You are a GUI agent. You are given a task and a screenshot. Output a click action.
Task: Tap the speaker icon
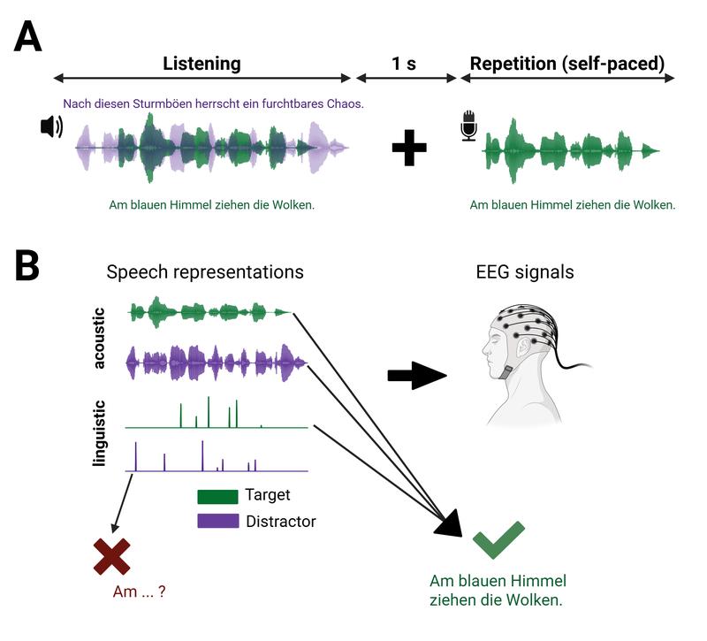tap(51, 127)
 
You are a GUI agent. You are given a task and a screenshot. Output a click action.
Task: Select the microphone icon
tap(468, 126)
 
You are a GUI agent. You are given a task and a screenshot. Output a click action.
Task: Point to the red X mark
tap(111, 556)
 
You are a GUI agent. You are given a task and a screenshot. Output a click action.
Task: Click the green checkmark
tap(498, 539)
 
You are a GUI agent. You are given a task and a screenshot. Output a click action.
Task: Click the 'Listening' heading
tap(201, 64)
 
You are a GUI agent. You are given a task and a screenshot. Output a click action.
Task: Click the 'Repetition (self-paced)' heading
tap(566, 64)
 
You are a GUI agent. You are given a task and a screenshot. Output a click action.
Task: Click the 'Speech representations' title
tap(205, 272)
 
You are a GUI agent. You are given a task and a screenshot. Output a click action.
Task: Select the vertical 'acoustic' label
tap(100, 339)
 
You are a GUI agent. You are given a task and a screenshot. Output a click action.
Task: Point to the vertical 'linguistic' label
tap(100, 432)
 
